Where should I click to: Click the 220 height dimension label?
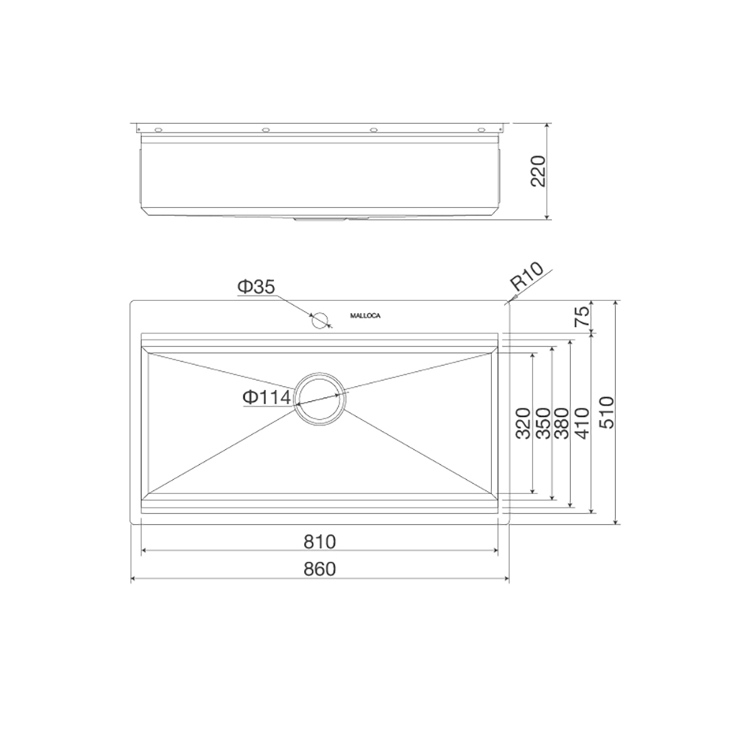538,171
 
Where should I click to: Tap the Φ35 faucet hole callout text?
256,287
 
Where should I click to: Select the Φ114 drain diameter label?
267,397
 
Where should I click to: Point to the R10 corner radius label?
527,277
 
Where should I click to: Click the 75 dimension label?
581,316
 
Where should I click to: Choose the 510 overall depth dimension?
606,412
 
